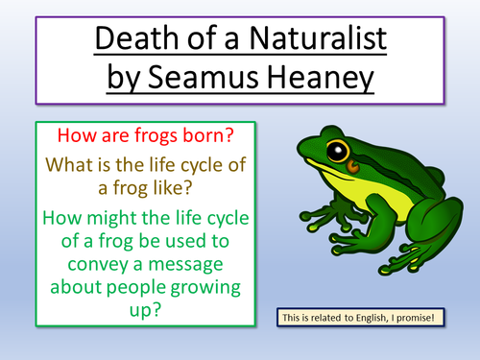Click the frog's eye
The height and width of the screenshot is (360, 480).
point(336,152)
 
